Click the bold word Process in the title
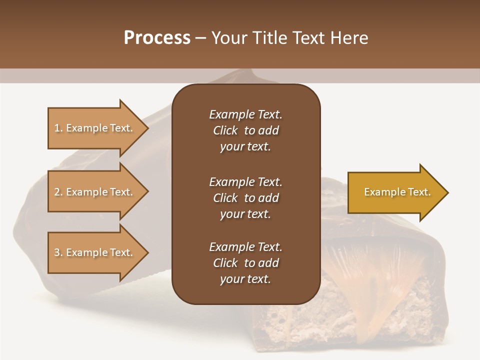(157, 38)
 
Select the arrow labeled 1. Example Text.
(95, 128)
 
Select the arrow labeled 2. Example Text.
(95, 192)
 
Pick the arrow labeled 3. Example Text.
(95, 252)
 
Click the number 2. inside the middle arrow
(58, 192)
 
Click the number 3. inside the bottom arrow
(58, 252)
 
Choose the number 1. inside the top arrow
(58, 128)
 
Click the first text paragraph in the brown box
(245, 130)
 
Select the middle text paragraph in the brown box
(245, 197)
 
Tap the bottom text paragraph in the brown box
(245, 263)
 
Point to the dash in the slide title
(201, 38)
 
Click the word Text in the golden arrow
(419, 192)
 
